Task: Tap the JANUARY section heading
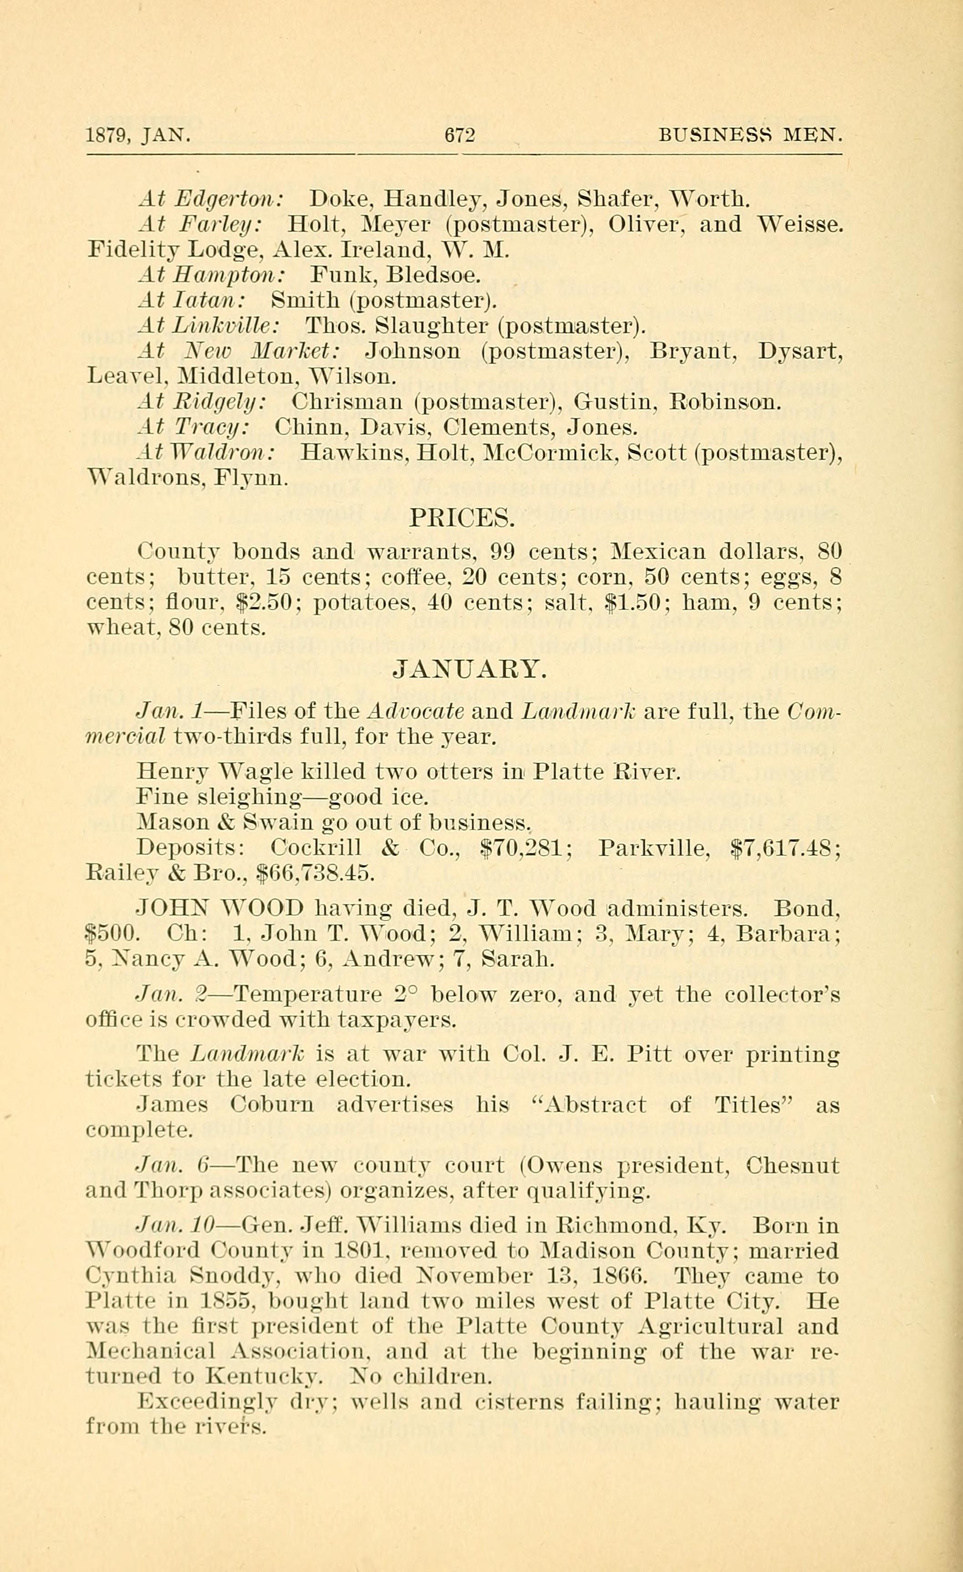pyautogui.click(x=469, y=670)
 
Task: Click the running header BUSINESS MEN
pyautogui.click(x=751, y=135)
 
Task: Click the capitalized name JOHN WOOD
pyautogui.click(x=207, y=908)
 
